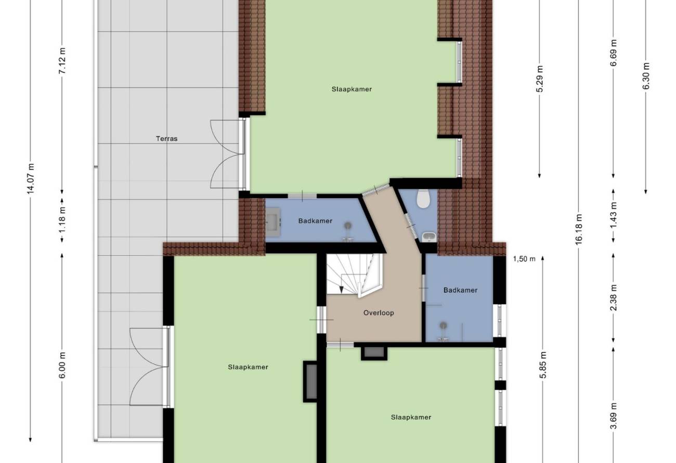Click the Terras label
[x=166, y=139]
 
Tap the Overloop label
[x=379, y=313]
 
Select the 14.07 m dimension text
[x=31, y=178]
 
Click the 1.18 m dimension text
[x=62, y=221]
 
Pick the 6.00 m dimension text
[x=62, y=365]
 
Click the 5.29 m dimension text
[x=540, y=79]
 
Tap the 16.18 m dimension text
[x=578, y=229]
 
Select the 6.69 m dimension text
[x=614, y=53]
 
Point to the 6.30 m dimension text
[x=646, y=76]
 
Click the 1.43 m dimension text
[x=614, y=215]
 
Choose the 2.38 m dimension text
[x=614, y=298]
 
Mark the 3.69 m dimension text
[x=614, y=416]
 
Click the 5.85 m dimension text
[x=543, y=365]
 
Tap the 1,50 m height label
[x=524, y=259]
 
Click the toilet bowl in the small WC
[x=423, y=199]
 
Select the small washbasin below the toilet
[x=429, y=237]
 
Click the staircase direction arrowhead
[x=341, y=289]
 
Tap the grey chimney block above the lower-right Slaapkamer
[x=374, y=353]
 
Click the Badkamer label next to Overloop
[x=460, y=290]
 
